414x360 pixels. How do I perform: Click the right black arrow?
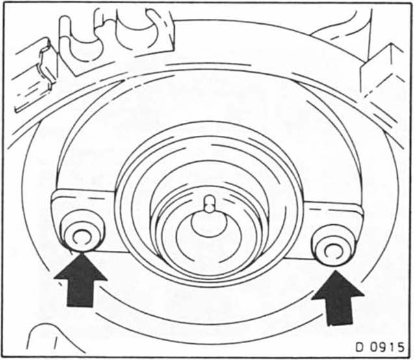(338, 298)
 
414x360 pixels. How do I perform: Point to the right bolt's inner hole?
(332, 251)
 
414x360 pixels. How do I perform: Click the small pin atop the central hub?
(210, 203)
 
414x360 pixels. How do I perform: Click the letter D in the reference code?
(359, 346)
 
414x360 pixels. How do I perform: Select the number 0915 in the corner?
(386, 346)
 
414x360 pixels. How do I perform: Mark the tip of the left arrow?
(81, 253)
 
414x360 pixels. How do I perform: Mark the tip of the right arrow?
(335, 270)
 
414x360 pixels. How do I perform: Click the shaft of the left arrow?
(80, 293)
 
